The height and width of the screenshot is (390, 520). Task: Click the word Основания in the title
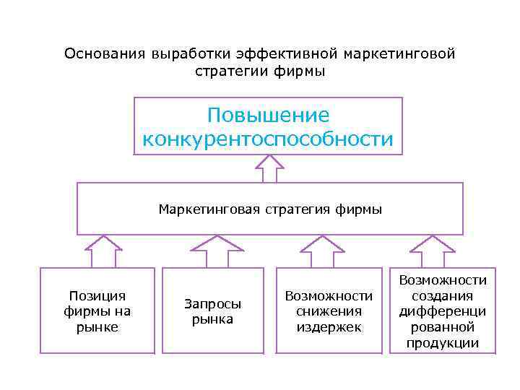coord(105,54)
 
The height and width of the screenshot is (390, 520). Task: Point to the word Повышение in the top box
coord(268,116)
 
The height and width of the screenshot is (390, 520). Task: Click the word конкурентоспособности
coord(268,139)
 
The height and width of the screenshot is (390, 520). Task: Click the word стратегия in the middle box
coord(295,209)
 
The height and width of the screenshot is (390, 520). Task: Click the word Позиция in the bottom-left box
coord(97,295)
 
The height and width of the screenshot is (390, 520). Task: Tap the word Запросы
coord(212,304)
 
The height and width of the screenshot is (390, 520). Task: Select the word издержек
coord(329,327)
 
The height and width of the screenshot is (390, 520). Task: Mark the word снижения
coord(329,311)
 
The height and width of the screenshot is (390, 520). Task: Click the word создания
coord(443,295)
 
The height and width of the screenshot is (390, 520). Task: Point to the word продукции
coord(443,343)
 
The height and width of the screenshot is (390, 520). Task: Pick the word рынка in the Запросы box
coord(212,319)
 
